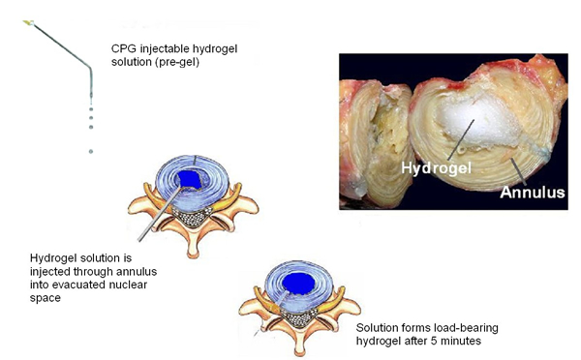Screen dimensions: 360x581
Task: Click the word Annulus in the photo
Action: pos(532,193)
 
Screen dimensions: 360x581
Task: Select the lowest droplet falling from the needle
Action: pos(91,151)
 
